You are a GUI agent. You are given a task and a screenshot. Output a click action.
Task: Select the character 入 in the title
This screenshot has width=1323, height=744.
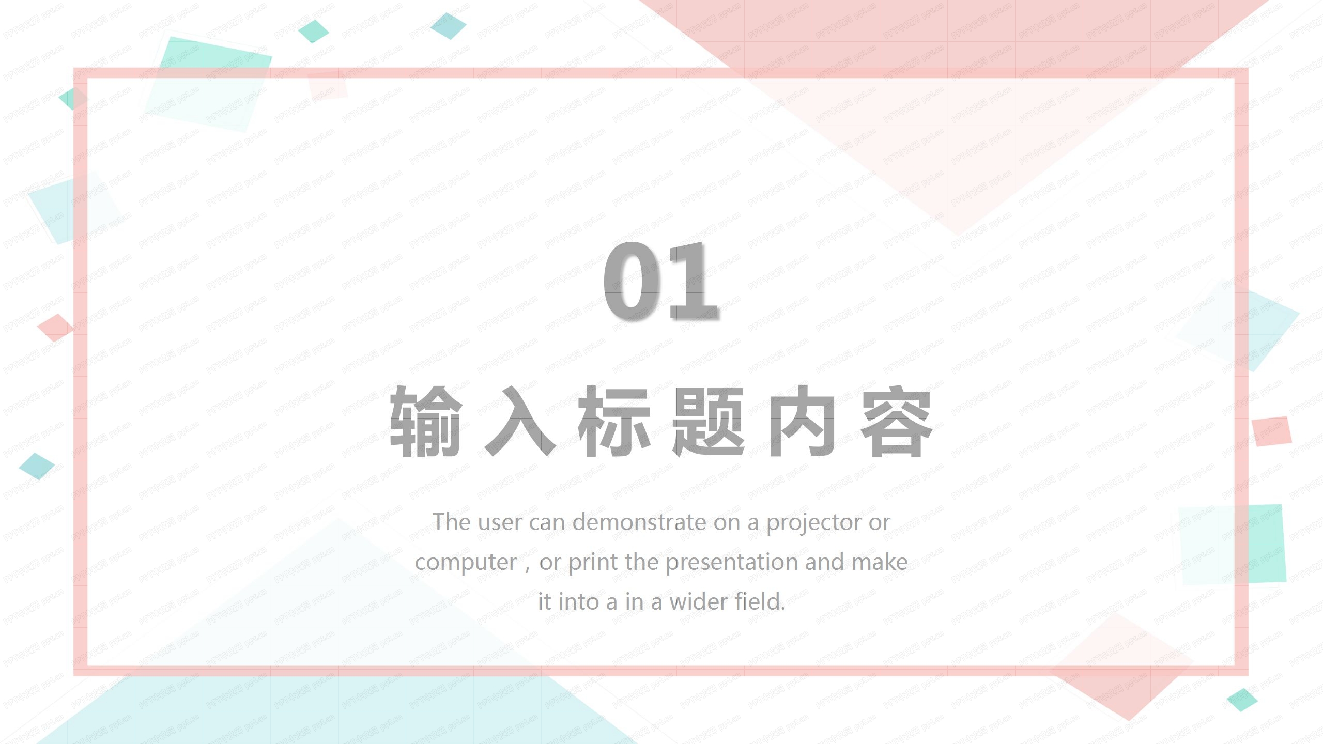(519, 421)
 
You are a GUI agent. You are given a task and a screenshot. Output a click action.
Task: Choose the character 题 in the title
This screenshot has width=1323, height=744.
(708, 421)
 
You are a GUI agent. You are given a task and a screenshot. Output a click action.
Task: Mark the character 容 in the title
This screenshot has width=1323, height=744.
(897, 421)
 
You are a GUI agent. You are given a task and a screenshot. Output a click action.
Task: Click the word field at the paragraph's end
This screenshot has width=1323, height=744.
(760, 602)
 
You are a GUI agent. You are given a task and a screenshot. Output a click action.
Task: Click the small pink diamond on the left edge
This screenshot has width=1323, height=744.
(55, 327)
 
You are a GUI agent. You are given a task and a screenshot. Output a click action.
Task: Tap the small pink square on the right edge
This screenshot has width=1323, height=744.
(1271, 431)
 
